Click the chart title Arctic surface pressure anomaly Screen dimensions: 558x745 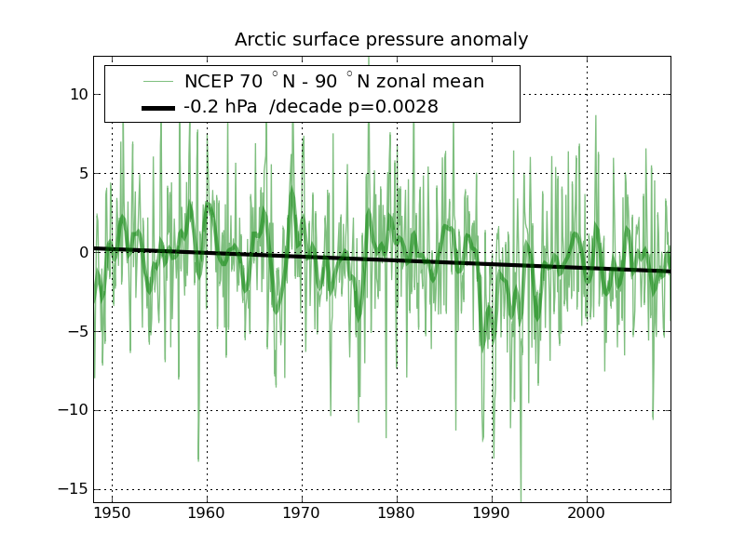381,40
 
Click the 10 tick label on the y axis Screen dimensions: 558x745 78,94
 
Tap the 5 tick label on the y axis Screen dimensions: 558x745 82,173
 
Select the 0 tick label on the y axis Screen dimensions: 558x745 82,252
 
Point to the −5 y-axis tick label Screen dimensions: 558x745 78,331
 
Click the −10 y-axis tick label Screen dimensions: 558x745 74,410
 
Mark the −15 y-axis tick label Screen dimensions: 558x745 74,489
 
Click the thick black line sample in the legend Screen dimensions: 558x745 158,108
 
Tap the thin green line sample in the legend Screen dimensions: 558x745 158,82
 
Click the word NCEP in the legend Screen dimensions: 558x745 210,82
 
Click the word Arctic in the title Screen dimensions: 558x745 261,40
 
